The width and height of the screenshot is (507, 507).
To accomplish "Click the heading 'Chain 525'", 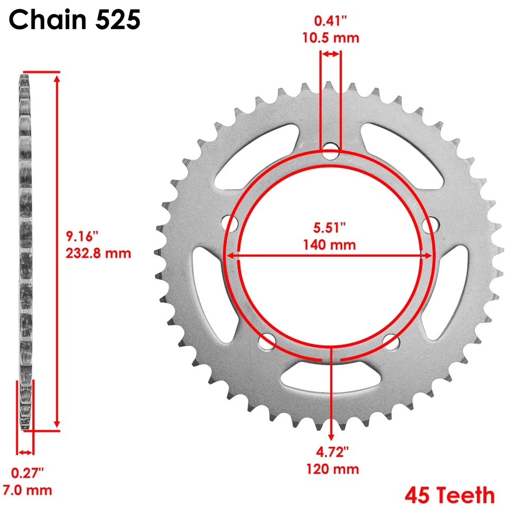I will pyautogui.click(x=74, y=21).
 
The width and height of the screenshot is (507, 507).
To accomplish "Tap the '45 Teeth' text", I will pyautogui.click(x=450, y=495).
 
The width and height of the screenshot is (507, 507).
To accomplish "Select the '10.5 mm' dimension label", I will pyautogui.click(x=331, y=38).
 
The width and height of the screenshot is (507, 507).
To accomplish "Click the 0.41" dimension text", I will pyautogui.click(x=330, y=22).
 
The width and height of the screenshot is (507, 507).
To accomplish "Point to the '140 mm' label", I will pyautogui.click(x=330, y=245).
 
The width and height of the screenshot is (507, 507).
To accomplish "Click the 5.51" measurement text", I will pyautogui.click(x=330, y=228).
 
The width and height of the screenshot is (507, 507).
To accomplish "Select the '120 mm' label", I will pyautogui.click(x=331, y=468).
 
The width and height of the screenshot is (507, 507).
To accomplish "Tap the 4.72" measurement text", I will pyautogui.click(x=331, y=452).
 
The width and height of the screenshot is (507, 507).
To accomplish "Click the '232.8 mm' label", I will pyautogui.click(x=98, y=253).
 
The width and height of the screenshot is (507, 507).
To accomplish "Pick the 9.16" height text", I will pyautogui.click(x=82, y=236).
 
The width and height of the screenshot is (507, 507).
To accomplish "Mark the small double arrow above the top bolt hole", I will pyautogui.click(x=331, y=54).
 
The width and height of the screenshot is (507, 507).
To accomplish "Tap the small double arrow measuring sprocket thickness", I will pyautogui.click(x=25, y=452).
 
